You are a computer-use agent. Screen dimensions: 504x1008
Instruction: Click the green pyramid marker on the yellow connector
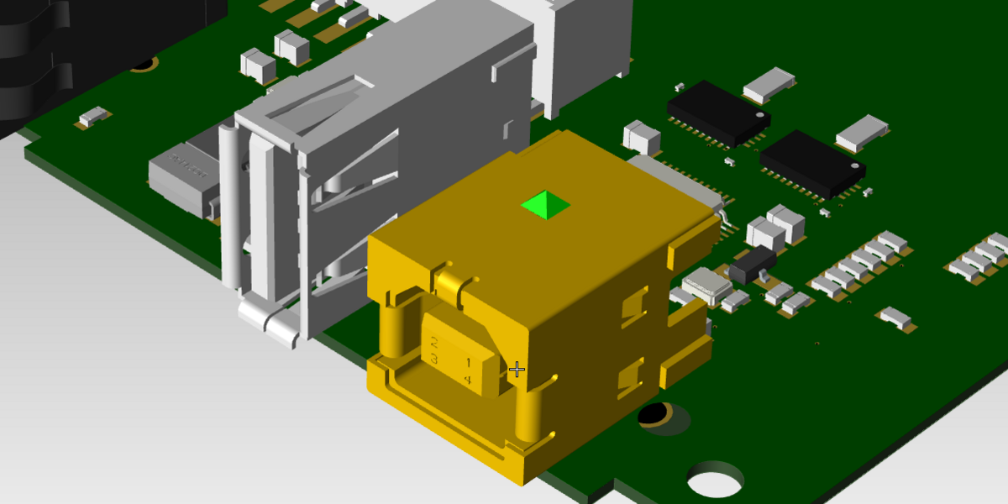coord(545,205)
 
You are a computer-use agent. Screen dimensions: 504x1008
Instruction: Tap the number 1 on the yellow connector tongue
coord(468,363)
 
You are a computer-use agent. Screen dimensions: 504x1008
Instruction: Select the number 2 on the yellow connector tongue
coord(434,343)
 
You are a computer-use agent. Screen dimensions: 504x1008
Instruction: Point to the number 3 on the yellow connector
coord(434,360)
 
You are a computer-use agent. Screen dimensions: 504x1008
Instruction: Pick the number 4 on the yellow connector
coord(468,381)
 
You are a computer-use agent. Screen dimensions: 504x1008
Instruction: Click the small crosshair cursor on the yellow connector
coord(517,369)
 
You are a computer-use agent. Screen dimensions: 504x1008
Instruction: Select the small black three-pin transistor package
coord(752,265)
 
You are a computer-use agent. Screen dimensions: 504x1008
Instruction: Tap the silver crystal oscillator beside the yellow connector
coord(708,286)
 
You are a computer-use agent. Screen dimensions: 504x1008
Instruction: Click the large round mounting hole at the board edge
coord(715,480)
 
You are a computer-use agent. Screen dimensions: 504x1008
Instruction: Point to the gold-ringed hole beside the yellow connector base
coord(655,414)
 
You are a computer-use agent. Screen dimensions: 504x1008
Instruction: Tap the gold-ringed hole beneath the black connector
coord(144,64)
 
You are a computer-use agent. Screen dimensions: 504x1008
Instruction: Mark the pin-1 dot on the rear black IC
coord(759,115)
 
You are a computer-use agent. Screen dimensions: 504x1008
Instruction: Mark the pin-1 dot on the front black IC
coord(854,165)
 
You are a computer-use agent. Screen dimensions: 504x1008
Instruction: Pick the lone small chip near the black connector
coord(94,116)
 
